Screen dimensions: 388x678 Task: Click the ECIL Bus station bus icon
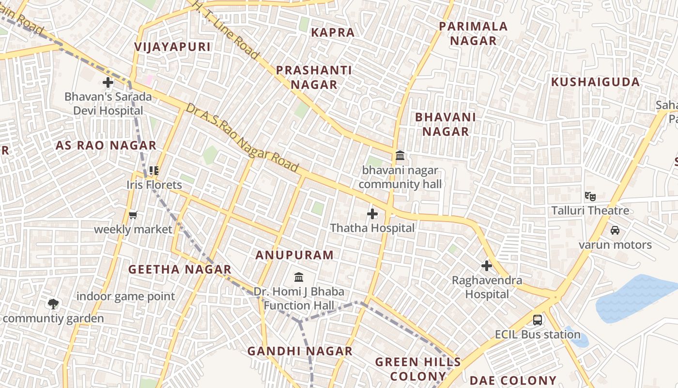pyautogui.click(x=538, y=320)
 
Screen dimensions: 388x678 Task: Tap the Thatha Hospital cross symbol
pyautogui.click(x=372, y=213)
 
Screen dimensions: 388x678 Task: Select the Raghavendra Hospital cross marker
pyautogui.click(x=487, y=266)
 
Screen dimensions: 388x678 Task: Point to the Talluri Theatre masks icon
pyautogui.click(x=590, y=196)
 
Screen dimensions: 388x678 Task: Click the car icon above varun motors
pyautogui.click(x=615, y=230)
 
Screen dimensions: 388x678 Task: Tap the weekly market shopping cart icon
pyautogui.click(x=133, y=215)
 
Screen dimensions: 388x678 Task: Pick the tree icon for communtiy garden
pyautogui.click(x=53, y=304)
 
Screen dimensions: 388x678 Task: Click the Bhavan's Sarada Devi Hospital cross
pyautogui.click(x=108, y=82)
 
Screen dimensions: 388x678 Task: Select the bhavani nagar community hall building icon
pyautogui.click(x=400, y=156)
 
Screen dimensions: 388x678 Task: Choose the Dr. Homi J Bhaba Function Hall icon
pyautogui.click(x=299, y=277)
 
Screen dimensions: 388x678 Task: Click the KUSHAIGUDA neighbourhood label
pyautogui.click(x=595, y=81)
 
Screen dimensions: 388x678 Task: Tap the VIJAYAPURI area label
pyautogui.click(x=173, y=47)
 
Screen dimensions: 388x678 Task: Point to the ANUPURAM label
pyautogui.click(x=294, y=255)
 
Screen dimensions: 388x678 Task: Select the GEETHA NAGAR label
pyautogui.click(x=180, y=269)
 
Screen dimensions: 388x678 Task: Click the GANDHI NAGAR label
pyautogui.click(x=300, y=351)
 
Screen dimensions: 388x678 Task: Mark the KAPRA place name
pyautogui.click(x=333, y=32)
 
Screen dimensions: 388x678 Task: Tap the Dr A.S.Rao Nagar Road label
pyautogui.click(x=242, y=138)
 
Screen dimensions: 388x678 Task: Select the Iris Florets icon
pyautogui.click(x=154, y=171)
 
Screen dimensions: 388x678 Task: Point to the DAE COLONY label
pyautogui.click(x=513, y=380)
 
